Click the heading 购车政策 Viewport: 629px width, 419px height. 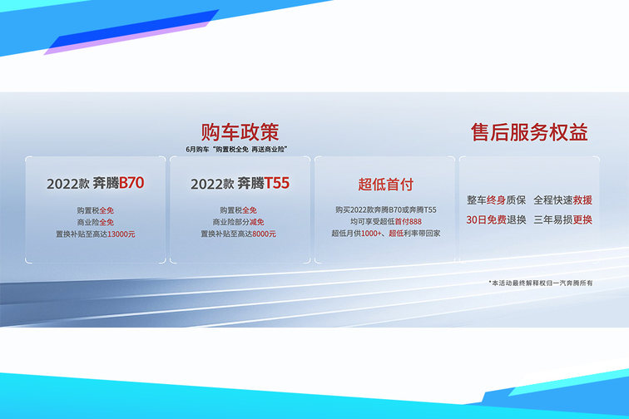coord(240,132)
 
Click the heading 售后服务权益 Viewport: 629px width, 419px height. coord(529,132)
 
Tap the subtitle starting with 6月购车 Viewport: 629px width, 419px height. coord(236,150)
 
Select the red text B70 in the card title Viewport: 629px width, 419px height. coord(131,183)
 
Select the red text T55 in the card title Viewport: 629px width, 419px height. coord(276,183)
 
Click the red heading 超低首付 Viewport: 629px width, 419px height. coord(385,185)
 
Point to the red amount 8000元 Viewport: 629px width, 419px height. coord(264,234)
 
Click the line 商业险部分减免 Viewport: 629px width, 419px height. coord(238,222)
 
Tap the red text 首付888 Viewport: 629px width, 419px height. coord(408,221)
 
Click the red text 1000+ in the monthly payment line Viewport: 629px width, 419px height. coord(371,234)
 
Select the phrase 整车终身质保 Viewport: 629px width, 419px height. coord(496,200)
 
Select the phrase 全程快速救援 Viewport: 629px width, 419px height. coord(562,200)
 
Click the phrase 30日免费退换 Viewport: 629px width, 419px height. coord(496,219)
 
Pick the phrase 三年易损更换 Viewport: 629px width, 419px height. coord(562,219)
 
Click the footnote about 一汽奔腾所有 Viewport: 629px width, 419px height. coord(540,283)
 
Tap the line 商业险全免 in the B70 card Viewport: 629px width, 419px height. coord(96,222)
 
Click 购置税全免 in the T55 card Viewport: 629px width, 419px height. coord(238,210)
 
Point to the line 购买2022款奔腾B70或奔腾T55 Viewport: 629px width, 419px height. coord(385,209)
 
